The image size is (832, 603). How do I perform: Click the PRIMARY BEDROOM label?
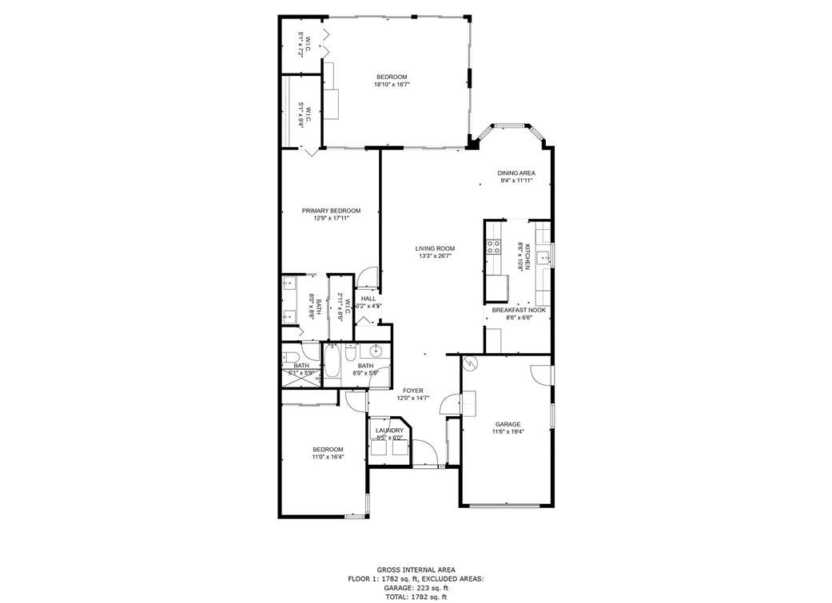pos(331,211)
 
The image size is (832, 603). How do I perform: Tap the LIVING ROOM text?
pos(435,248)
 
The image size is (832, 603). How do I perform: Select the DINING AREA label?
pos(516,173)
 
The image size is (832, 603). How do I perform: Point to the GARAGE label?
pos(508,424)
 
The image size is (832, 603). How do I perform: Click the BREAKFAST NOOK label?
pos(519,309)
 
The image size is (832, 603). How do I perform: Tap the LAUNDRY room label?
pos(389,430)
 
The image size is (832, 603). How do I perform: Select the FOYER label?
pos(413,391)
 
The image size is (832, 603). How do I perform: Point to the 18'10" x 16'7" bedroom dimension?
pos(392,85)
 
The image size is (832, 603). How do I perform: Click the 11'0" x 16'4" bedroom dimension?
pos(328,457)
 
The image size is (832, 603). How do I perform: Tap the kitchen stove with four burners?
pos(494,247)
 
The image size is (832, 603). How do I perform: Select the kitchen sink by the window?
pos(543,257)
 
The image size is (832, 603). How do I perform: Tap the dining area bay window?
pos(509,126)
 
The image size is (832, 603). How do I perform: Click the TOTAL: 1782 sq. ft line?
pos(415,596)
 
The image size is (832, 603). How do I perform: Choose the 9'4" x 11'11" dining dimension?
pos(516,181)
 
